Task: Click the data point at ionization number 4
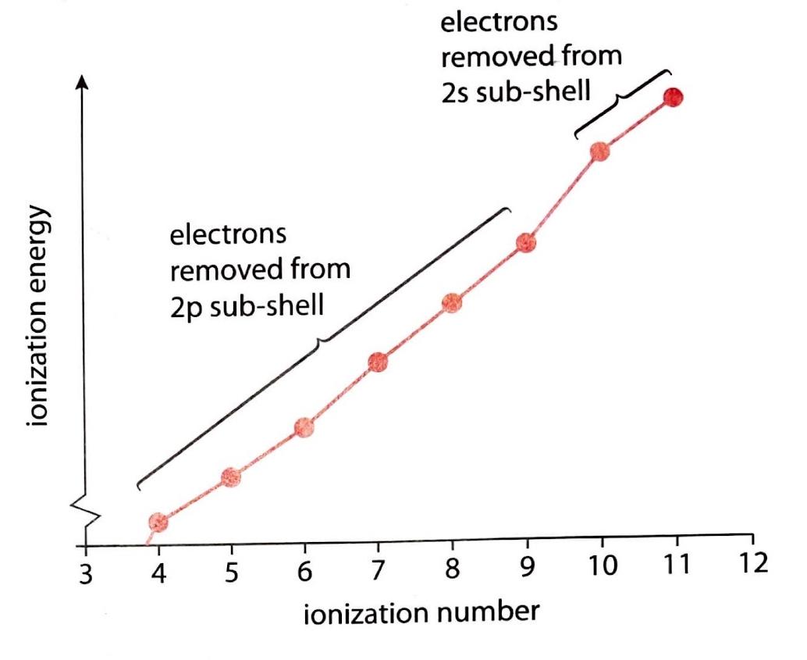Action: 158,522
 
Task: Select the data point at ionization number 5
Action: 230,477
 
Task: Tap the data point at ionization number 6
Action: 304,427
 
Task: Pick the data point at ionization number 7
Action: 378,362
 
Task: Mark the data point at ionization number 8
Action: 452,302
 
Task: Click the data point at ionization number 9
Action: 526,244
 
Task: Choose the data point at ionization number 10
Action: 599,152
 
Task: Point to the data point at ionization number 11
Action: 673,98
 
